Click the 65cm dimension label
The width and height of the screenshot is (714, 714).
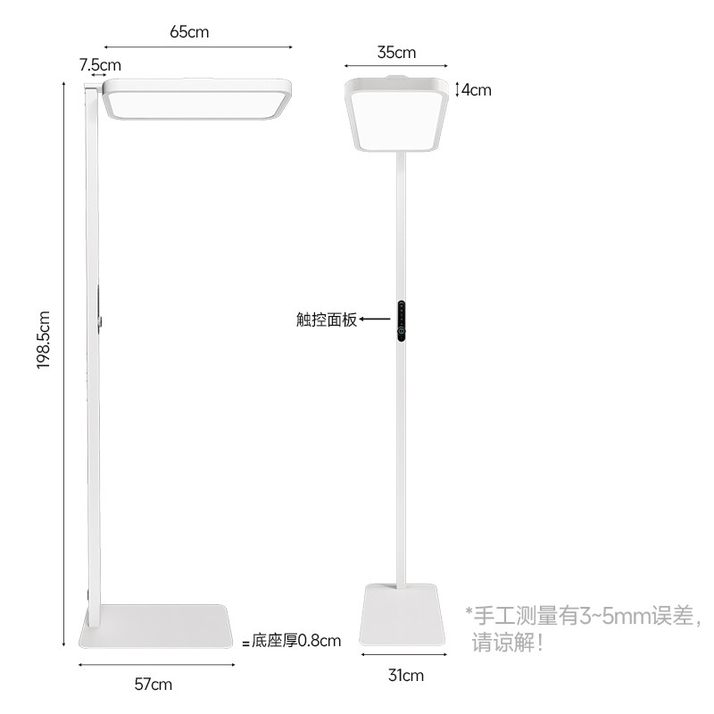point(189,32)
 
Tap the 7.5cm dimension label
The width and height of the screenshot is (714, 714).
point(99,65)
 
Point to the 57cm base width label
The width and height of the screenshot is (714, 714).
point(154,685)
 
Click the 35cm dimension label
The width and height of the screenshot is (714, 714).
point(396,52)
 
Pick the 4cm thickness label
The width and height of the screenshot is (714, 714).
point(476,89)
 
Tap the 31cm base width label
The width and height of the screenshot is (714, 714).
point(404,674)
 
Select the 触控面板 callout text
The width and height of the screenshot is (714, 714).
point(327,320)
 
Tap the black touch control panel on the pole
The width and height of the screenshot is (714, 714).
point(403,320)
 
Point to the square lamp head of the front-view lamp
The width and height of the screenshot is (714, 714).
point(396,112)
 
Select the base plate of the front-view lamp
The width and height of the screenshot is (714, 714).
point(403,616)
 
